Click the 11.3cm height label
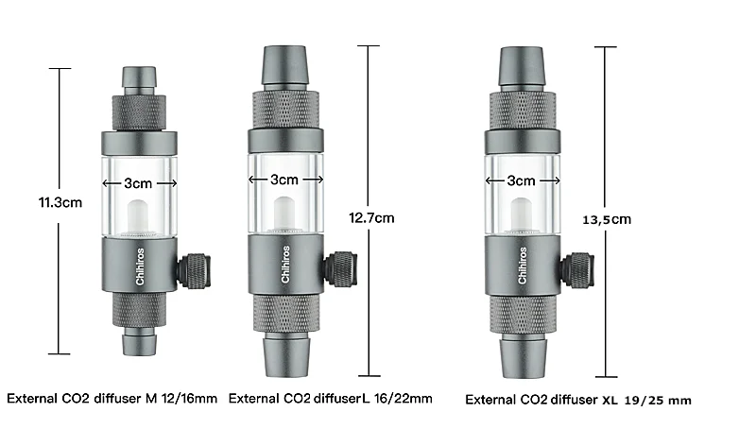[x=60, y=202]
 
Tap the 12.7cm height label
[x=371, y=218]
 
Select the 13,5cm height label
[x=607, y=220]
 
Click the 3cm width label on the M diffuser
[x=138, y=183]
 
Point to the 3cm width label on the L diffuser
[x=284, y=180]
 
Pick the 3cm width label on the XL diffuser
[x=522, y=180]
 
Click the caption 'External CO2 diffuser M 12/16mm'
[x=112, y=399]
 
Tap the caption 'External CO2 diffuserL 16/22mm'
[x=330, y=399]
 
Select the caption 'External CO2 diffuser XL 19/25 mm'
[x=578, y=401]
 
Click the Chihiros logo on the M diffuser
[x=140, y=266]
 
